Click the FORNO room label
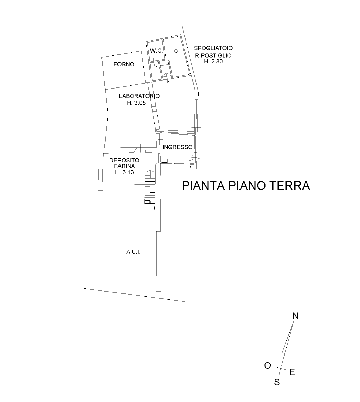tap(124, 64)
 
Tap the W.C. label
tap(156, 51)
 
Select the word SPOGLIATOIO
tap(213, 48)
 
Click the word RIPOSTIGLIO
tap(213, 55)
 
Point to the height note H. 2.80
tap(213, 62)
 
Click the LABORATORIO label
tap(139, 96)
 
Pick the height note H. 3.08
tap(136, 103)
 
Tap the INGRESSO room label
tap(177, 147)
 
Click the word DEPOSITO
tap(125, 160)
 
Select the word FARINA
tap(125, 166)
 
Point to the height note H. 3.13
tap(125, 172)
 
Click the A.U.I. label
tap(133, 252)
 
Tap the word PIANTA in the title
tap(203, 186)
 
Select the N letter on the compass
tap(296, 316)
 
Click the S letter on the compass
tap(277, 382)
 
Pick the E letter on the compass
tap(292, 372)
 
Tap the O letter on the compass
tap(268, 366)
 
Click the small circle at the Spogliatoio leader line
tap(176, 51)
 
